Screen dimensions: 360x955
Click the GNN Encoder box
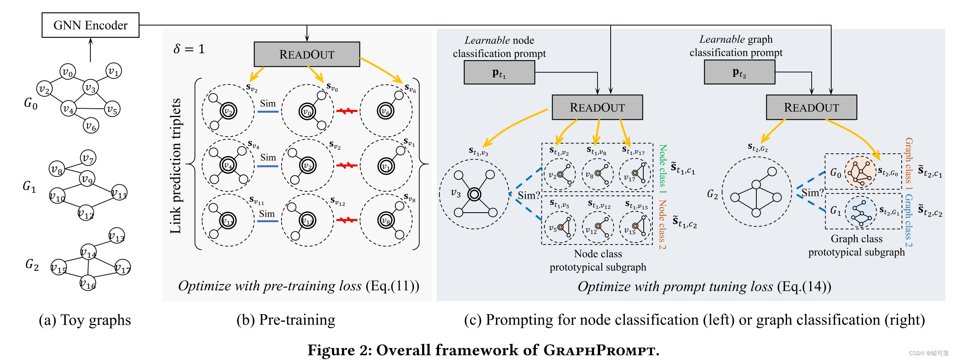coord(90,25)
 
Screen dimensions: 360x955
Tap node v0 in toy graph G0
coord(68,72)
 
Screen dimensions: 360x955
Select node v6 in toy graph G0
coord(91,126)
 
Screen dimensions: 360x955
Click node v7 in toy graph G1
coord(88,158)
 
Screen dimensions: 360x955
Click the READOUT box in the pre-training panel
coord(307,55)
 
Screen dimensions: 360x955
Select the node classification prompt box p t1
coord(499,73)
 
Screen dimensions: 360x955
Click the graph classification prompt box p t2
coord(739,72)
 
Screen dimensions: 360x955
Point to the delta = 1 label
coord(189,49)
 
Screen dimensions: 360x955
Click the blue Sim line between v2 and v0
coord(268,112)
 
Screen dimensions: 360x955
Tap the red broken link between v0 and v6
coord(346,111)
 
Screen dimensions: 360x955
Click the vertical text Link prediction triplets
coord(176,166)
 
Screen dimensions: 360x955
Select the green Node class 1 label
coord(663,168)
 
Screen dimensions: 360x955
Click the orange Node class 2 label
coord(662,224)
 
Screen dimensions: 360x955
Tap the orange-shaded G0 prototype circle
coord(860,172)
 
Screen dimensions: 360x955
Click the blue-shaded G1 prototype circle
coord(861,211)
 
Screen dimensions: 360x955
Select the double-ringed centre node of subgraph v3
coord(474,194)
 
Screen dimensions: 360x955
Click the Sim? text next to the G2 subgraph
coord(812,193)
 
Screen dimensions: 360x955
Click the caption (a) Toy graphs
coord(85,320)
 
